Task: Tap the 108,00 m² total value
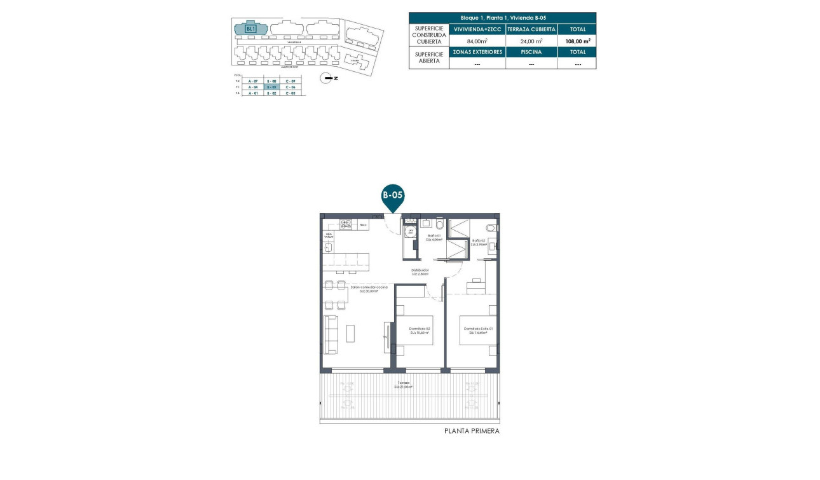tap(577, 41)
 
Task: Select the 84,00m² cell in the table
tap(477, 41)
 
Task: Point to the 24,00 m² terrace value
tap(531, 41)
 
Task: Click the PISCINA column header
tap(531, 52)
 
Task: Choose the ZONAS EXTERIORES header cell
tap(477, 52)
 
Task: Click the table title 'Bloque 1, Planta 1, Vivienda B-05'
tap(502, 18)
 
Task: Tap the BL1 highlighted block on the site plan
tap(250, 29)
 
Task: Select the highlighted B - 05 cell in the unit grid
tap(272, 87)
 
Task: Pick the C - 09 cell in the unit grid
tap(290, 81)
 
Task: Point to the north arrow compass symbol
tap(327, 78)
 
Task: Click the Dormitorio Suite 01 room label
tap(478, 331)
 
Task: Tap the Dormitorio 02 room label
tap(420, 331)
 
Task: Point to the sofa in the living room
tap(331, 335)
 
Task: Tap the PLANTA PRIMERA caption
tap(471, 431)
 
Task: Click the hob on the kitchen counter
tap(346, 224)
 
